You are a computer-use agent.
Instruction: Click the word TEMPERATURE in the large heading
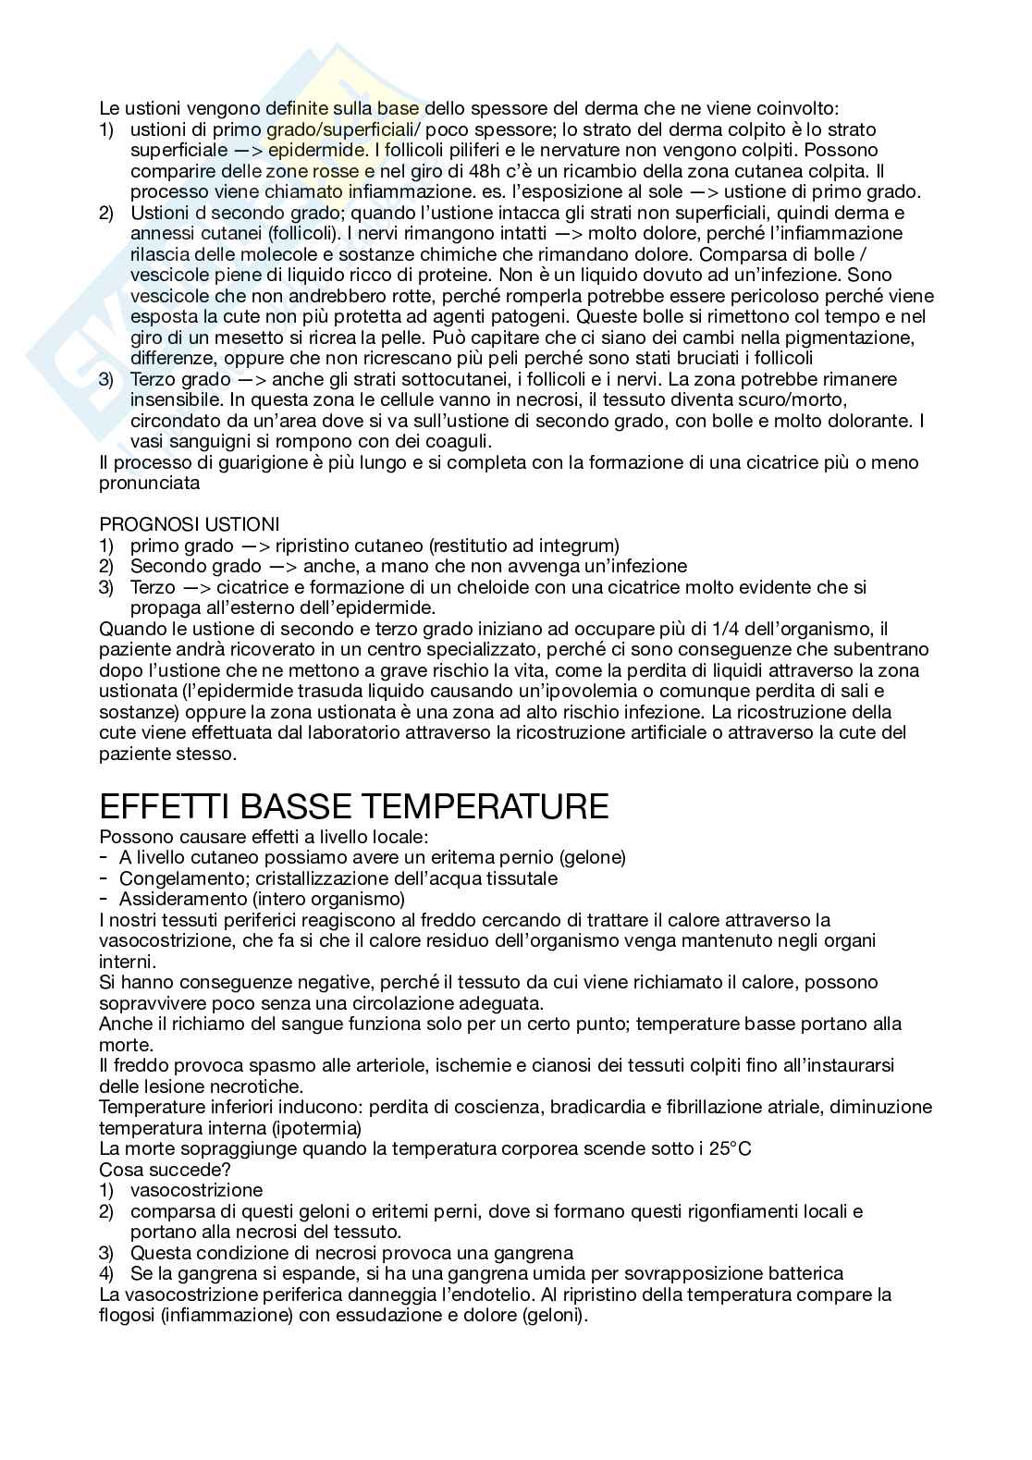click(483, 806)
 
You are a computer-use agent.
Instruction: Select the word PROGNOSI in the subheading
click(138, 525)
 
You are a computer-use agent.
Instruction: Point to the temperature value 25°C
click(728, 1148)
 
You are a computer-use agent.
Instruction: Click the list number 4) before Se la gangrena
click(106, 1273)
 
